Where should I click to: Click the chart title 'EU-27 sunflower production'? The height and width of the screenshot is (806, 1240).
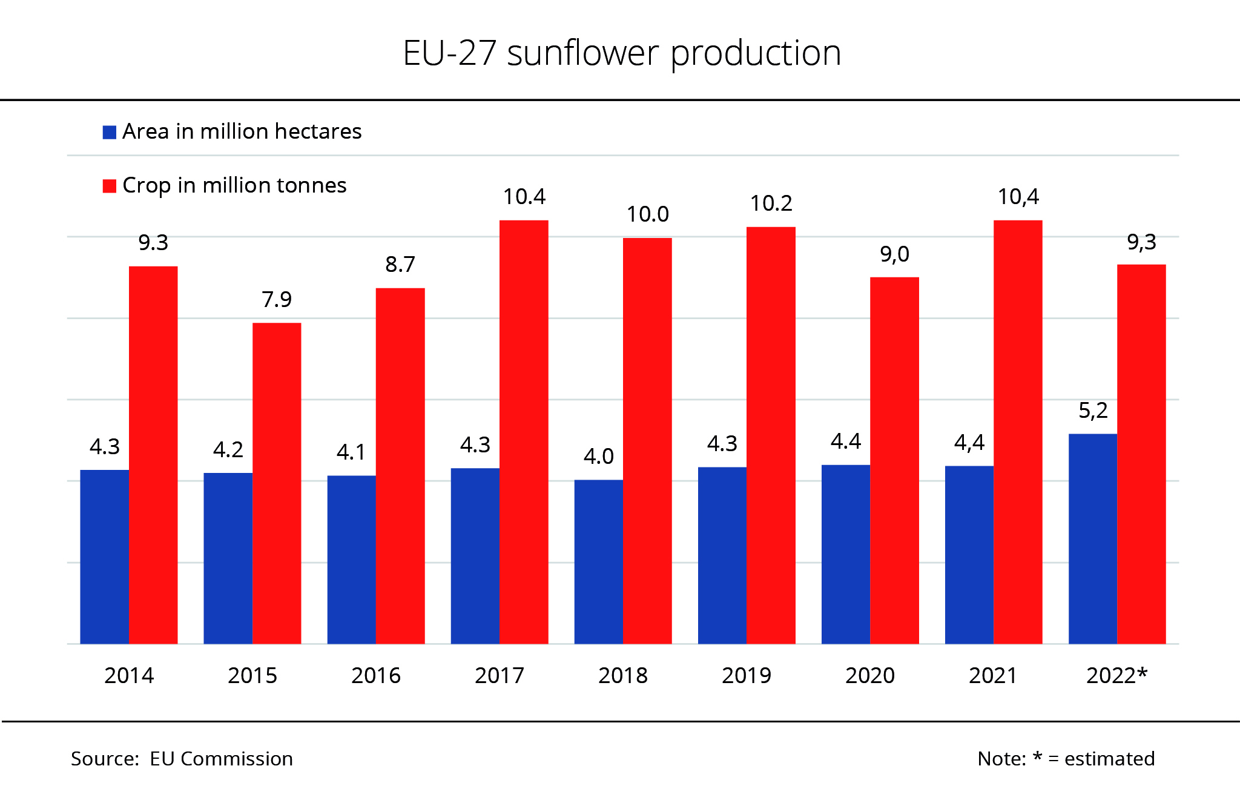click(x=622, y=53)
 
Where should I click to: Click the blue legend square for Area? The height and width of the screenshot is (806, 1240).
click(x=110, y=132)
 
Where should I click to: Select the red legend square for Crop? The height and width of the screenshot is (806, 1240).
click(x=110, y=186)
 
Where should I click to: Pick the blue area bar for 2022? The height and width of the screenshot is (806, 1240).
click(x=1092, y=538)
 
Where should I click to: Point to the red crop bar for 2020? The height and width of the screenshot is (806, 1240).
click(x=894, y=460)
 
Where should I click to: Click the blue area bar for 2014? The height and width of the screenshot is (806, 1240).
click(x=104, y=557)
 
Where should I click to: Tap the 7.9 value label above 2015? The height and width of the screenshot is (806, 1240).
click(x=277, y=300)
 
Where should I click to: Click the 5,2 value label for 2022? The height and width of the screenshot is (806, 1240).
click(x=1093, y=411)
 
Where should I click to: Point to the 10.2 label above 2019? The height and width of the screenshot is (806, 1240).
click(x=771, y=203)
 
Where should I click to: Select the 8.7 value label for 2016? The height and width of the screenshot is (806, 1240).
click(x=400, y=265)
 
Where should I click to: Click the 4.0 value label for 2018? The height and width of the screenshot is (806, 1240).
click(x=598, y=457)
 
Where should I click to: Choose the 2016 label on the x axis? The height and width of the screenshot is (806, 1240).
click(x=376, y=676)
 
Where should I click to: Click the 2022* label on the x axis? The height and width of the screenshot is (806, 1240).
click(x=1116, y=676)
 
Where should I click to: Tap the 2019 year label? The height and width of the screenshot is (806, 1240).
click(x=747, y=676)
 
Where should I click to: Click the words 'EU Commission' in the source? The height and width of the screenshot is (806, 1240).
click(x=221, y=759)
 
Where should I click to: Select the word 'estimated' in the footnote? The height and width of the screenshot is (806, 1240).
click(x=1109, y=759)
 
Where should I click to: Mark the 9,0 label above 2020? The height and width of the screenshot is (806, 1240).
click(x=894, y=254)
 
